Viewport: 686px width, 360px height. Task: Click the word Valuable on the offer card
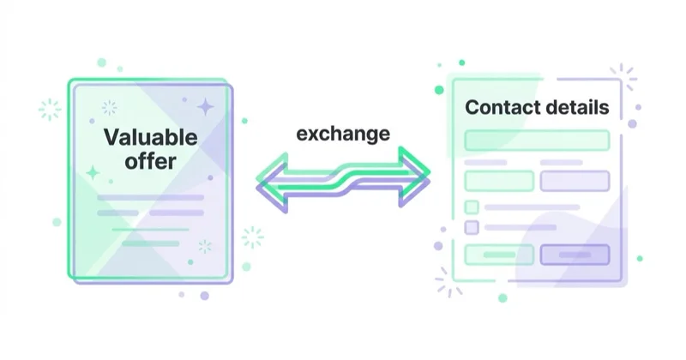pyautogui.click(x=151, y=137)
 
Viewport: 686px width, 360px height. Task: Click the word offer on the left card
pyautogui.click(x=151, y=161)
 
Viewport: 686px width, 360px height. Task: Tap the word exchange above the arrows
pyautogui.click(x=343, y=134)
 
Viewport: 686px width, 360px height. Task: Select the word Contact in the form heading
pyautogui.click(x=498, y=107)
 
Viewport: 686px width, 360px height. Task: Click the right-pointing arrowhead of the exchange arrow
pyautogui.click(x=414, y=177)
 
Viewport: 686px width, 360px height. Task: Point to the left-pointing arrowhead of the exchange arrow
pyautogui.click(x=272, y=183)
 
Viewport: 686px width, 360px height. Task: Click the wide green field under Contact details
pyautogui.click(x=537, y=140)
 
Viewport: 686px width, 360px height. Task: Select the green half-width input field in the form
pyautogui.click(x=499, y=181)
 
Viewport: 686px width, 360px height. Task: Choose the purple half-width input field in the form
pyautogui.click(x=575, y=181)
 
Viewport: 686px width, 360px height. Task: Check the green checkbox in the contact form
pyautogui.click(x=471, y=207)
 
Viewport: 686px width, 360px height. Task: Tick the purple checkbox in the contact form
pyautogui.click(x=471, y=227)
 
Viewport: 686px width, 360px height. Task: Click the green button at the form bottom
pyautogui.click(x=499, y=255)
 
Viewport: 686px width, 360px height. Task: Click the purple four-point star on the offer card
pyautogui.click(x=205, y=107)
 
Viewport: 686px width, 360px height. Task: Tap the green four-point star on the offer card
pyautogui.click(x=93, y=173)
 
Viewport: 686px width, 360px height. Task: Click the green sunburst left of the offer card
pyautogui.click(x=50, y=109)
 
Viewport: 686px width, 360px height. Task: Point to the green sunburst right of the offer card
pyautogui.click(x=253, y=237)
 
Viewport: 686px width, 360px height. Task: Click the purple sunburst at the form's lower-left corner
pyautogui.click(x=448, y=283)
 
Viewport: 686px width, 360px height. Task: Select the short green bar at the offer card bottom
pyautogui.click(x=151, y=243)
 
